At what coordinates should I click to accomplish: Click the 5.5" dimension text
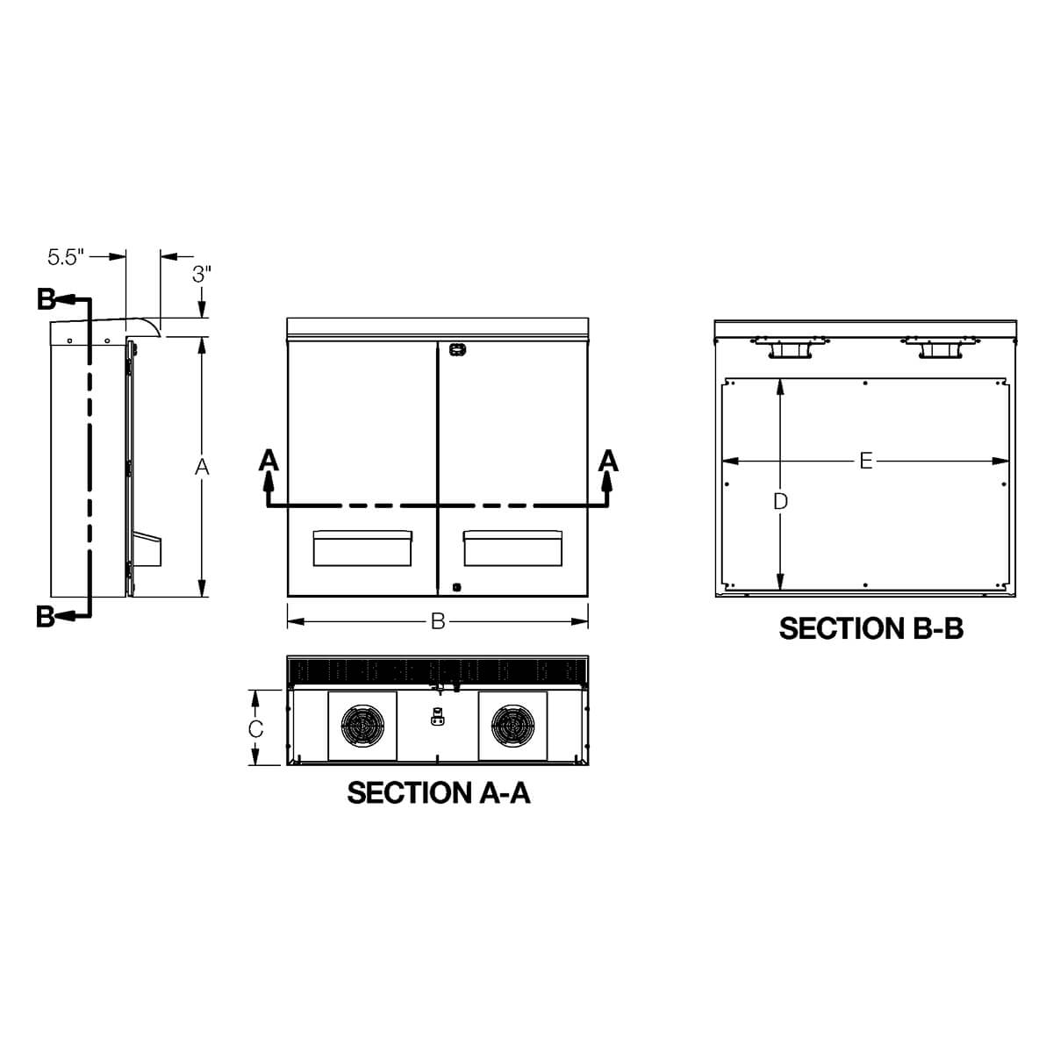[x=65, y=256]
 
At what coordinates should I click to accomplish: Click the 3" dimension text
[x=202, y=273]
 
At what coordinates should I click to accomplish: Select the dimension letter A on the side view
[x=202, y=467]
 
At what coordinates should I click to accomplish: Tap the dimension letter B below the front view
[x=437, y=622]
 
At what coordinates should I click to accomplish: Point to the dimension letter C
[x=254, y=728]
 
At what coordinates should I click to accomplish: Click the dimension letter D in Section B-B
[x=780, y=501]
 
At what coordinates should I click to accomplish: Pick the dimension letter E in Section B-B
[x=865, y=460]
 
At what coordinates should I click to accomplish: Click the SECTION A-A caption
[x=438, y=792]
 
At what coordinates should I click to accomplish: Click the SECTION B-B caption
[x=870, y=628]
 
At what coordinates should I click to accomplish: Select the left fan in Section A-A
[x=362, y=726]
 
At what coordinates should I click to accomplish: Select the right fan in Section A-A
[x=512, y=726]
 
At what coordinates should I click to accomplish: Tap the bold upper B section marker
[x=47, y=299]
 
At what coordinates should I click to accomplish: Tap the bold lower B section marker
[x=47, y=617]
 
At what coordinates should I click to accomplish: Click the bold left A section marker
[x=269, y=459]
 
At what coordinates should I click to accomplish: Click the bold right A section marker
[x=607, y=459]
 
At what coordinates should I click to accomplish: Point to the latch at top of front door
[x=455, y=349]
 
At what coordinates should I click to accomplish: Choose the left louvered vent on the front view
[x=362, y=548]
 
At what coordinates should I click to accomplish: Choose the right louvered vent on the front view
[x=512, y=548]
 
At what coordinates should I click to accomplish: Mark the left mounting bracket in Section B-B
[x=786, y=348]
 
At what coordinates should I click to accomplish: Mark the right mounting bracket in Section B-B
[x=939, y=348]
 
